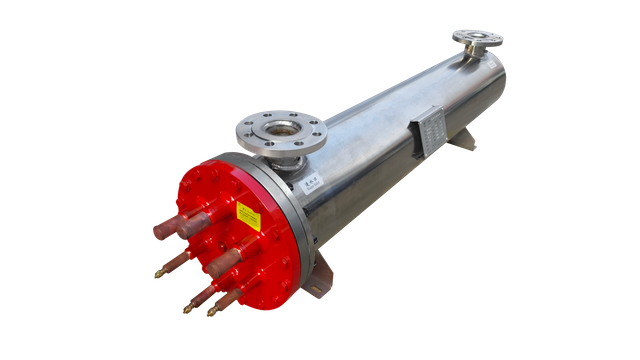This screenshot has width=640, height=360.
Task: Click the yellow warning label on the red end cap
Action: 246,213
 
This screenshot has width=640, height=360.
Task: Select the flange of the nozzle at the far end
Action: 476,38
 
